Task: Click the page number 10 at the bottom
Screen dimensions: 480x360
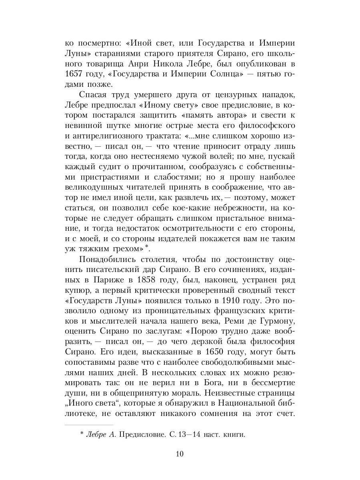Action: tap(179, 454)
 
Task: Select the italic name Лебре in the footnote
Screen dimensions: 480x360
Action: tap(96, 435)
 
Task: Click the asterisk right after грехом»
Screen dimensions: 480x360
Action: tap(146, 246)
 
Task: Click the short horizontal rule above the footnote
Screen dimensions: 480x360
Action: tap(89, 425)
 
